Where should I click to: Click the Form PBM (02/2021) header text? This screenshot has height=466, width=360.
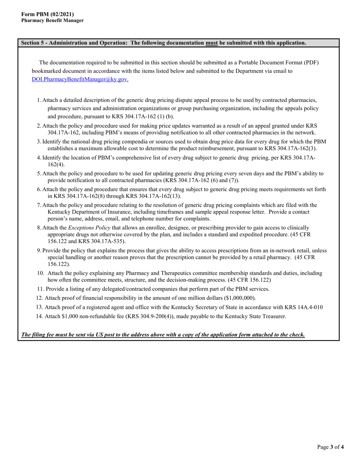click(x=47, y=14)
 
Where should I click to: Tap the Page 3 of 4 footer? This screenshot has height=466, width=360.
click(x=330, y=447)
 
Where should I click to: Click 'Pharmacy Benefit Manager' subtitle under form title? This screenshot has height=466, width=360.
click(x=52, y=20)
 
